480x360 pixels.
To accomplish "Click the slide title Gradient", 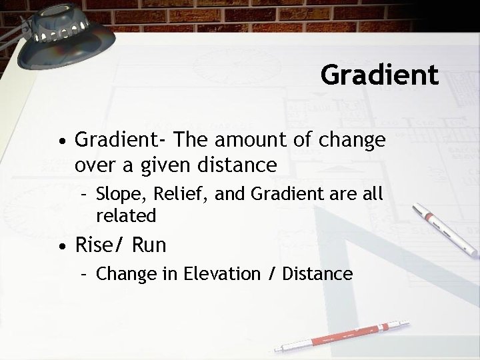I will pyautogui.click(x=379, y=74).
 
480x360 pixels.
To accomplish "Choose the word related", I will pyautogui.click(x=126, y=215).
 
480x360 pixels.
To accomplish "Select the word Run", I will pyautogui.click(x=149, y=245).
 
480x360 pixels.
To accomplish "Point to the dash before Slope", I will pyautogui.click(x=84, y=195).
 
